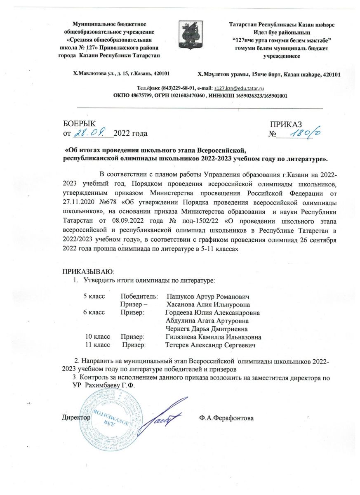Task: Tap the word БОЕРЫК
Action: click(80, 124)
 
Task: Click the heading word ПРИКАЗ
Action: click(286, 124)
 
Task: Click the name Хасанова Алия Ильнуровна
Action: click(208, 305)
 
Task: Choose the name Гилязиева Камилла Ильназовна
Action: click(213, 337)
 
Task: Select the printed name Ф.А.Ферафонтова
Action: click(226, 418)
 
